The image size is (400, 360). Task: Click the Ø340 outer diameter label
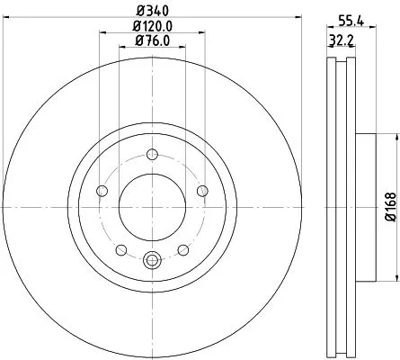click(x=151, y=10)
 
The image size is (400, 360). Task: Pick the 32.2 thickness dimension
click(x=338, y=41)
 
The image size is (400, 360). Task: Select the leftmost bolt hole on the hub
click(x=102, y=190)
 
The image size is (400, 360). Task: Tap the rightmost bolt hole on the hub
click(x=200, y=190)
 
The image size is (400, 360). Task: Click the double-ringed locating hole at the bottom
click(x=151, y=262)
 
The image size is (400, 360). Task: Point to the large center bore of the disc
click(x=151, y=206)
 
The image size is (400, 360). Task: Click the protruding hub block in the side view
click(x=367, y=206)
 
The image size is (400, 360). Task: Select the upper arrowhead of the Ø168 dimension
click(x=393, y=138)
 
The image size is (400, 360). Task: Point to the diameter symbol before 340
click(x=138, y=10)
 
